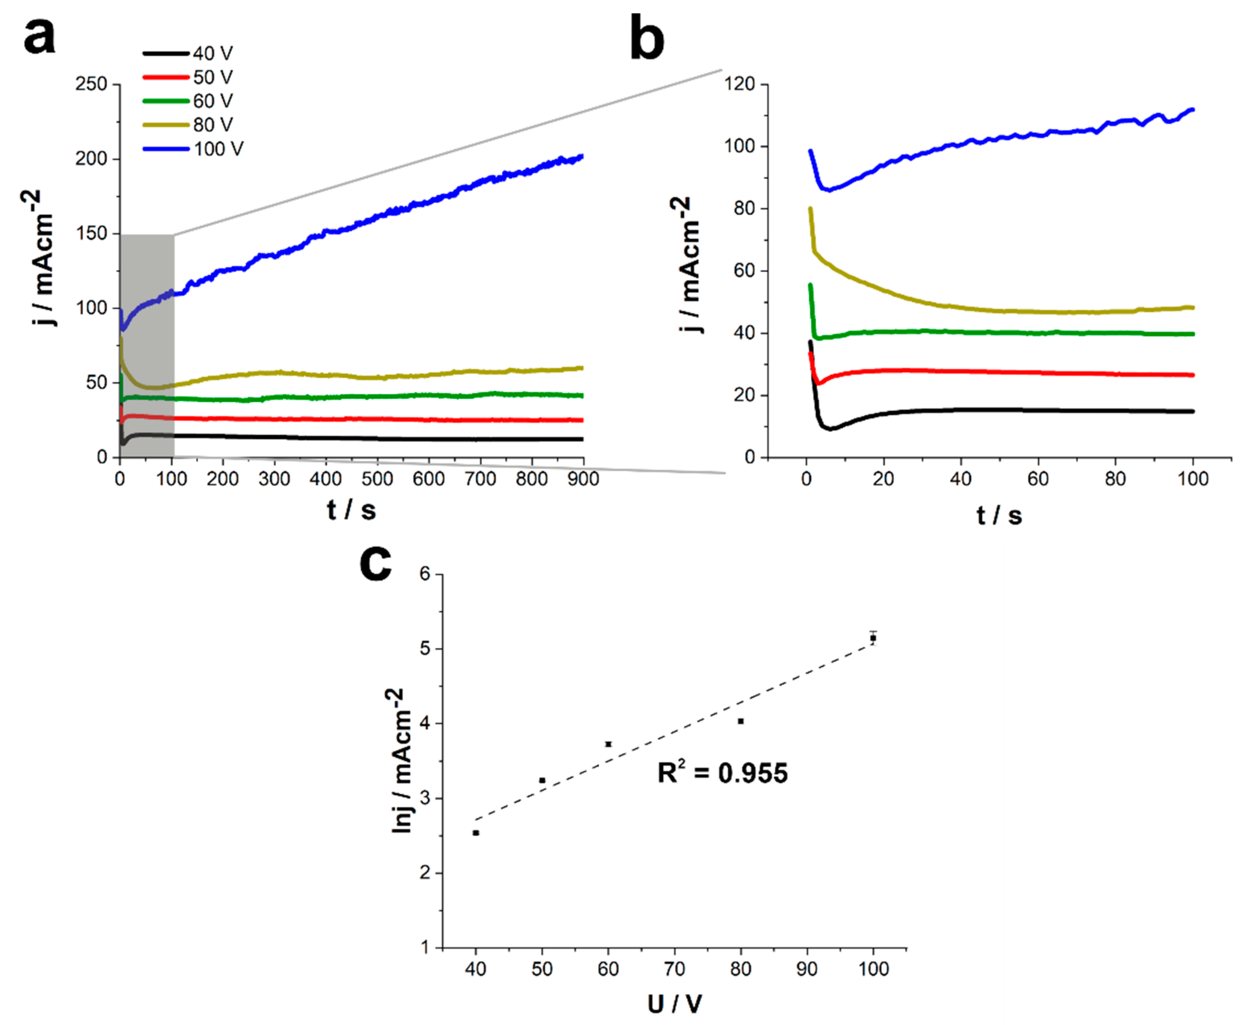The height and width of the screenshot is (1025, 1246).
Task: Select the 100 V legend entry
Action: (218, 149)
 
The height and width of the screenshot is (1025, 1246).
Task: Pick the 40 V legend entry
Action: (213, 54)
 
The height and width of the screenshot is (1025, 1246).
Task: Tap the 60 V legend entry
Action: (213, 101)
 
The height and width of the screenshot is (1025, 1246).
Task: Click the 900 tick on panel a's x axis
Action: (583, 479)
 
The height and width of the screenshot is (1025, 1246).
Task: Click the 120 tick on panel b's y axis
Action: (739, 84)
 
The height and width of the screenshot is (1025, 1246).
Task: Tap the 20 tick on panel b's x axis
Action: (884, 479)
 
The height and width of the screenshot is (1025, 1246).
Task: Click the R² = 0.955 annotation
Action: (722, 773)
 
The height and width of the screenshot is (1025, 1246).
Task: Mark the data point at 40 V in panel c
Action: (476, 833)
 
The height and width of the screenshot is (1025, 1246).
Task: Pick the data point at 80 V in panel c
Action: (741, 721)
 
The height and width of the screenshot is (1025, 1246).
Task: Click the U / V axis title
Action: (674, 1004)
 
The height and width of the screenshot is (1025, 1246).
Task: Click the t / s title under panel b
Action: (998, 515)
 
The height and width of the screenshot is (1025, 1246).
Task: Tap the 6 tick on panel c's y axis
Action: (425, 574)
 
